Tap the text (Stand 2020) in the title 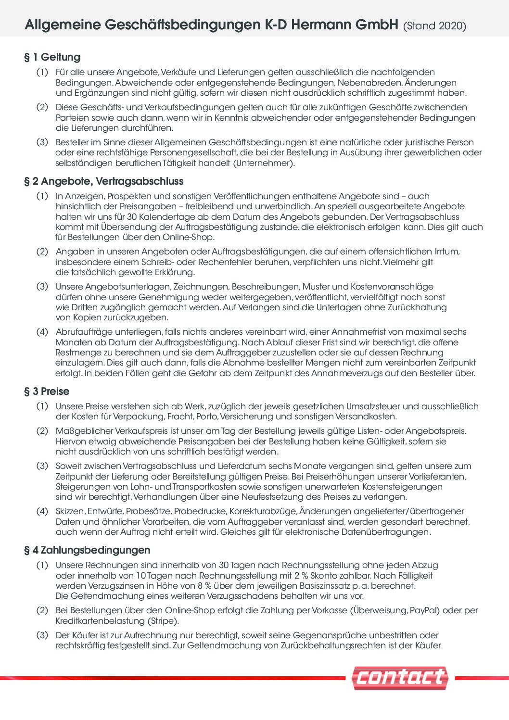(x=434, y=26)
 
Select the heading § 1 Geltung (x=52, y=57)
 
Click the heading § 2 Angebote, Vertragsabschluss (x=103, y=181)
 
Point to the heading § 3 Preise (x=47, y=391)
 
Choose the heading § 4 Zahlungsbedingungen (x=87, y=549)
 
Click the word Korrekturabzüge (x=262, y=511)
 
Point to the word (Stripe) (x=163, y=621)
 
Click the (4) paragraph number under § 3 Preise (x=42, y=511)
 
